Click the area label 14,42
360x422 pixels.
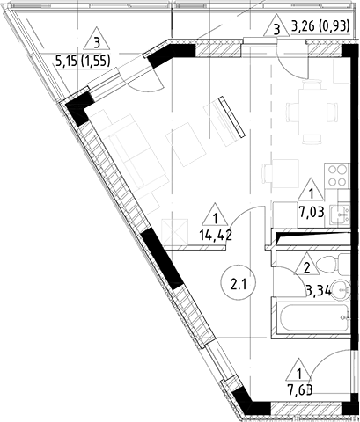click(216, 236)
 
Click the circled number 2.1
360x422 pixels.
click(237, 284)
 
